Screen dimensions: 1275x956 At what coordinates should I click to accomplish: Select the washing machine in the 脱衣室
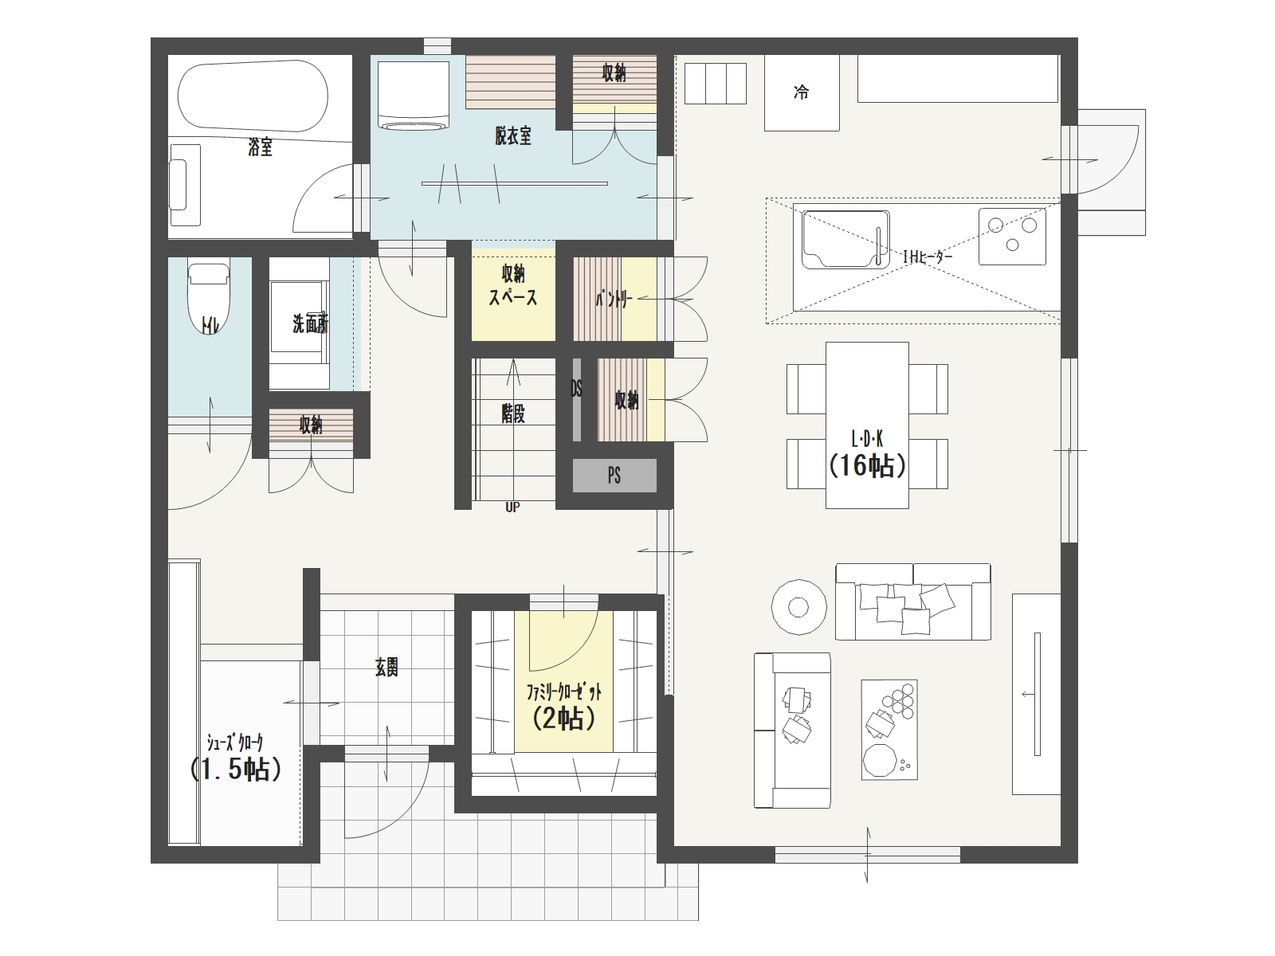pyautogui.click(x=413, y=95)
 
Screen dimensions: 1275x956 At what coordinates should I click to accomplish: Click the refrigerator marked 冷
pyautogui.click(x=802, y=93)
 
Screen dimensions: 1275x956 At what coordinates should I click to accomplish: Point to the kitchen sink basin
pyautogui.click(x=845, y=239)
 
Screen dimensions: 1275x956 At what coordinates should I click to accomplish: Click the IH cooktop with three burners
pyautogui.click(x=1012, y=237)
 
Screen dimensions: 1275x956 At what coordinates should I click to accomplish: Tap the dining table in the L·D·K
pyautogui.click(x=867, y=425)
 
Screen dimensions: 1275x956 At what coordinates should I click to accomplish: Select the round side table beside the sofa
pyautogui.click(x=798, y=607)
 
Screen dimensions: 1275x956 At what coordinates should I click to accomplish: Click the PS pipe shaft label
pyautogui.click(x=614, y=476)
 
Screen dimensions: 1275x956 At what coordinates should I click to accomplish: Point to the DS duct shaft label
pyautogui.click(x=576, y=389)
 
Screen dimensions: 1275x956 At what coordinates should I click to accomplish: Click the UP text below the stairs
pyautogui.click(x=512, y=507)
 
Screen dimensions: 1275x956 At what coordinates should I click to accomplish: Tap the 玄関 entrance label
pyautogui.click(x=386, y=668)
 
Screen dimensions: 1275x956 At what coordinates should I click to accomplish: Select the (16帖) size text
pyautogui.click(x=867, y=465)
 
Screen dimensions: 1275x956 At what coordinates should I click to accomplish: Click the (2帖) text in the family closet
pyautogui.click(x=563, y=719)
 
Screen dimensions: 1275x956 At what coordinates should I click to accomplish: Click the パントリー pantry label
pyautogui.click(x=614, y=300)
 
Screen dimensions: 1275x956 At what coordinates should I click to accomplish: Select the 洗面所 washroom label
pyautogui.click(x=311, y=324)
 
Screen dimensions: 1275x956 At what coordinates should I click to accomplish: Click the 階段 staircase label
pyautogui.click(x=513, y=413)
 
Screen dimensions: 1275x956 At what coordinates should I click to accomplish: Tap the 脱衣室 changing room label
pyautogui.click(x=513, y=135)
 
